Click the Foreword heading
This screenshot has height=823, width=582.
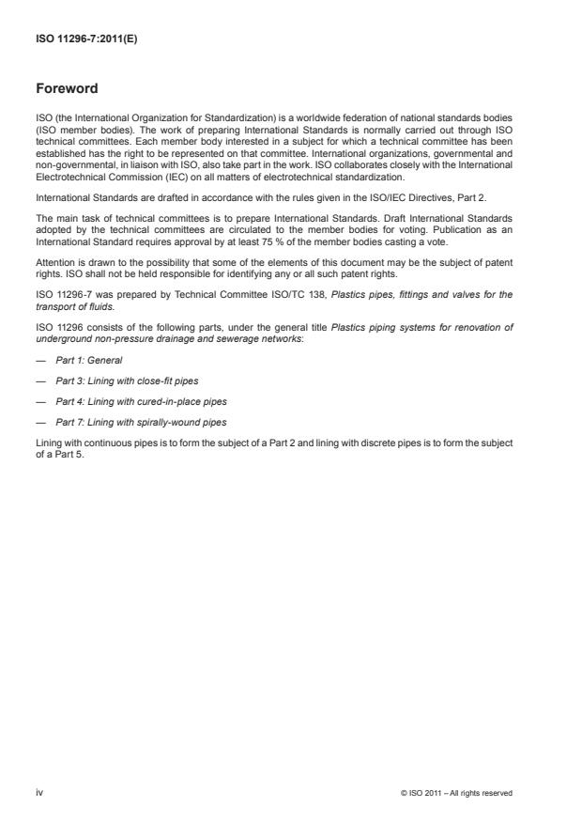[x=67, y=90]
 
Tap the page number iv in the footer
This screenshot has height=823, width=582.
[x=39, y=793]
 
